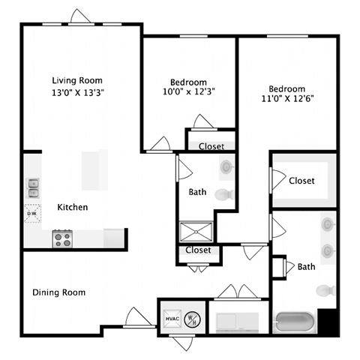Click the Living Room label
77,80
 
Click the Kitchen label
73,207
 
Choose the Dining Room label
58,292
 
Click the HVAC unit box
171,317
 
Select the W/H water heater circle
193,317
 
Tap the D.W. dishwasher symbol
33,213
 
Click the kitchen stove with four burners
61,238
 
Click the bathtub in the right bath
294,322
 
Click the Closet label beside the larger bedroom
301,181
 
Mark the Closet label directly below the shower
198,250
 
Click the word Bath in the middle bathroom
197,192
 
